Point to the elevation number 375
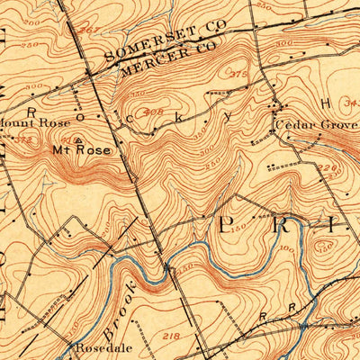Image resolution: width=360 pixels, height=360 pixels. (x=238, y=75)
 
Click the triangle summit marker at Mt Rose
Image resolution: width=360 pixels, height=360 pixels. (x=78, y=139)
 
